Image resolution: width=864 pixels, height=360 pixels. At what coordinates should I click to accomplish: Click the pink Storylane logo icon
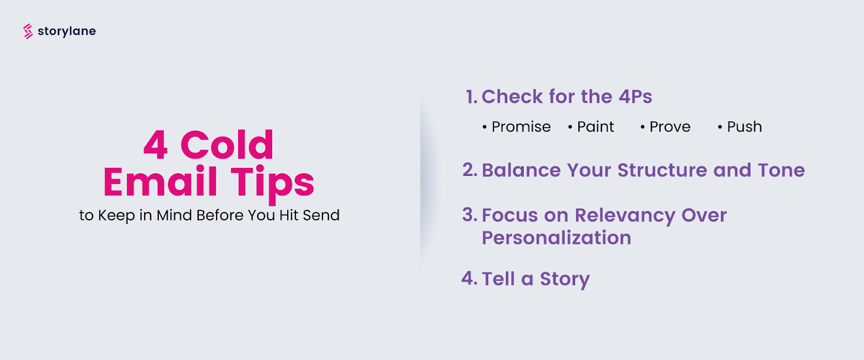pos(28,31)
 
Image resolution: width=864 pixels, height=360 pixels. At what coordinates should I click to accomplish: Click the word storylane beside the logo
pos(67,31)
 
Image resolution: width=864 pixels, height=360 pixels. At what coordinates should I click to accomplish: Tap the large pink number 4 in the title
pos(156,145)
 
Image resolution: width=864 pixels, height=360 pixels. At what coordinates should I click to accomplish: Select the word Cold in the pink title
pos(227,145)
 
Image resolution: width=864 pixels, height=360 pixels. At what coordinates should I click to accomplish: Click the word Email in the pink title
pos(160,182)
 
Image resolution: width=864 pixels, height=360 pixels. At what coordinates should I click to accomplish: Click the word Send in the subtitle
pos(321,215)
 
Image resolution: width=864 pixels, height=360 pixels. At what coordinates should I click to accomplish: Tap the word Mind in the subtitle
pos(174,215)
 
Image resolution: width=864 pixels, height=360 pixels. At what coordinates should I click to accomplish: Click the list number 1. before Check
pos(471,97)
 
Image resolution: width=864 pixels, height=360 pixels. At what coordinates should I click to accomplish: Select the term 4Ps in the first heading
pos(635,97)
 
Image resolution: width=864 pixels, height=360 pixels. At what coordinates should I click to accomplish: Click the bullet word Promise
pos(521,127)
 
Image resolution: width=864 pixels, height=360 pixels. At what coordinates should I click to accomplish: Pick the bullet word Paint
pos(596,127)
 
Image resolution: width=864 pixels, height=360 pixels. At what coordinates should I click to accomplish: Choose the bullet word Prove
pos(670,127)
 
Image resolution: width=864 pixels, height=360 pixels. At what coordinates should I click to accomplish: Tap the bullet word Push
pos(744,127)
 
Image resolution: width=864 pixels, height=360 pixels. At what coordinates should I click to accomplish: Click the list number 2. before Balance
pos(469,171)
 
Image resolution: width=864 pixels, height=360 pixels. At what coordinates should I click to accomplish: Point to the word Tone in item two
pos(781,171)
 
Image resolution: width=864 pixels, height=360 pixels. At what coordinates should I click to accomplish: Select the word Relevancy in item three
pos(625,216)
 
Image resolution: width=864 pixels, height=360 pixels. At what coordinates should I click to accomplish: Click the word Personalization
pos(556,238)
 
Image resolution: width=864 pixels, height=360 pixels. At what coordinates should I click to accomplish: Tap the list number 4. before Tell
pos(469,279)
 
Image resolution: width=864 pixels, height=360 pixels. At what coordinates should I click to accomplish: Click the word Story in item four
pos(564,280)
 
